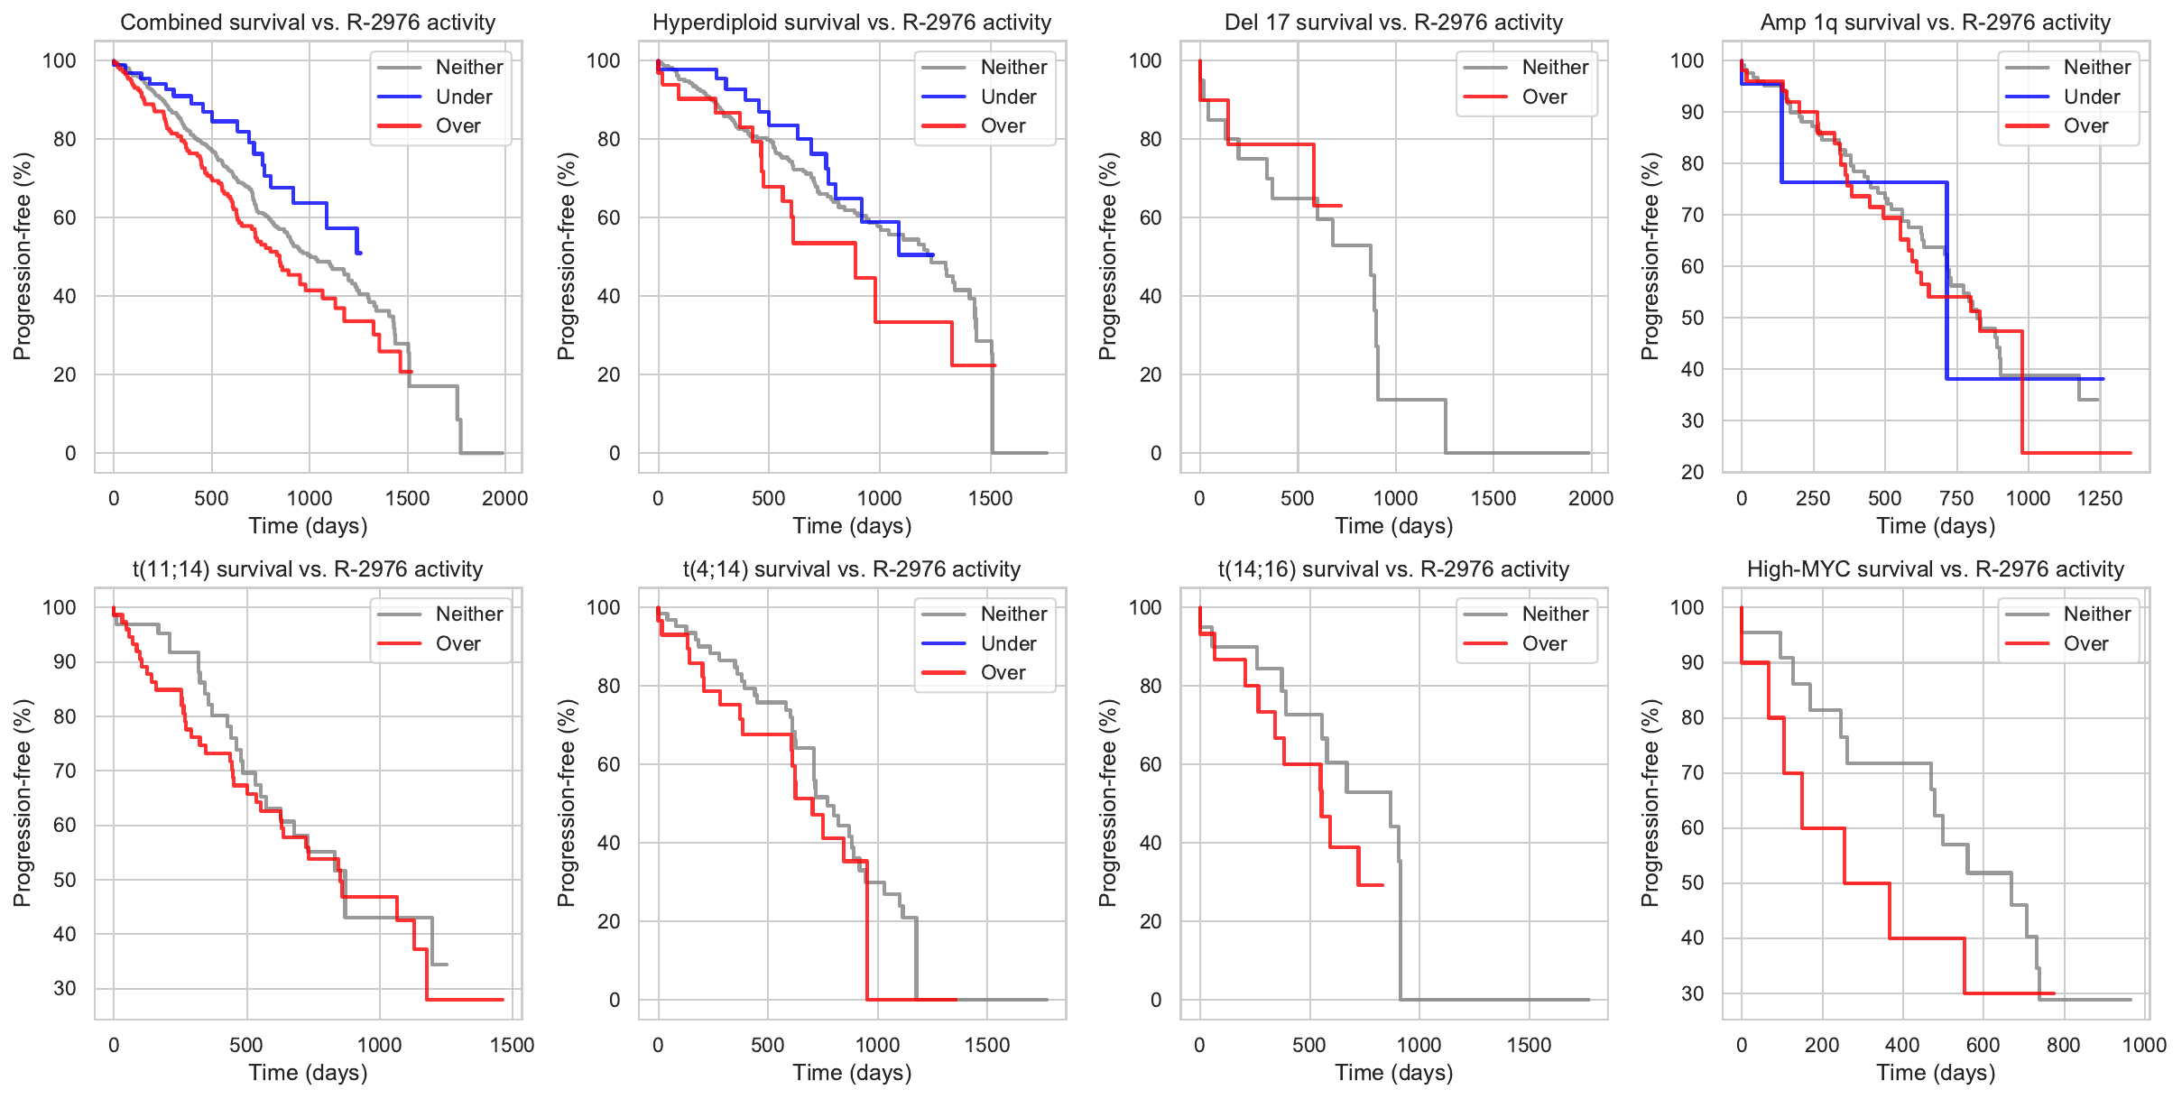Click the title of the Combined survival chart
click(x=308, y=23)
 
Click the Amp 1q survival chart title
click(x=1936, y=23)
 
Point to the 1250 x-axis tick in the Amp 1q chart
click(x=2100, y=498)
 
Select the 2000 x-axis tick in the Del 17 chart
click(x=1591, y=498)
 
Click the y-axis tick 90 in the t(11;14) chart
click(x=65, y=662)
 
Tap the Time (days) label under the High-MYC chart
click(x=1936, y=1073)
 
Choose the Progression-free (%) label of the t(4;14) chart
click(x=566, y=803)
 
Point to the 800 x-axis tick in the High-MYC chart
click(x=2064, y=1045)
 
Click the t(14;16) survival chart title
click(x=1393, y=569)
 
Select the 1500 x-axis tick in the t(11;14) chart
click(x=513, y=1045)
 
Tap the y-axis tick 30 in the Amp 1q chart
click(x=1692, y=420)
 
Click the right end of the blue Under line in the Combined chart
click(x=360, y=253)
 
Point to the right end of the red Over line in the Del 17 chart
click(x=1341, y=206)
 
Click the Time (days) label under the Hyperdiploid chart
click(x=852, y=526)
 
